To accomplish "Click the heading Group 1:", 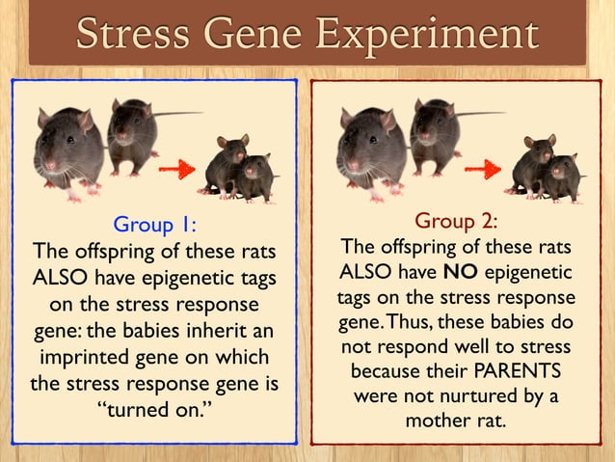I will (154, 225).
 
